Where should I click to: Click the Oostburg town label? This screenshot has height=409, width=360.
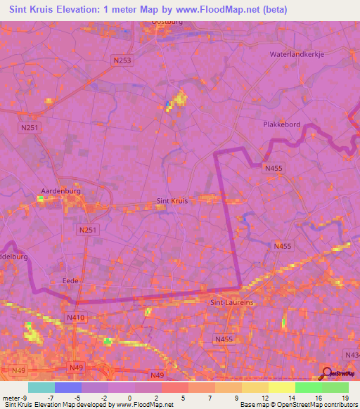point(167,23)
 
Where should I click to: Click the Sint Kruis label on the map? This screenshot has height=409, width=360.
point(172,201)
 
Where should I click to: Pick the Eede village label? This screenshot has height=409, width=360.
point(71,280)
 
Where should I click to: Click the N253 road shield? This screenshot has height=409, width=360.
point(122,61)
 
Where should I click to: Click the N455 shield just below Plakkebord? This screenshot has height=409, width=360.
point(274,169)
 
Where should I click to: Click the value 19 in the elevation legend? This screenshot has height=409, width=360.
point(344,398)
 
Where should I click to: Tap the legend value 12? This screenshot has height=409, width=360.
point(264,398)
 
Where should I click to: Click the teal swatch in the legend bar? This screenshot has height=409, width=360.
point(41,387)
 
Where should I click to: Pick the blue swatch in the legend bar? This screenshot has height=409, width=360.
point(67,387)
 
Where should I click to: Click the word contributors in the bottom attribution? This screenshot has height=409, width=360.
point(338,405)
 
